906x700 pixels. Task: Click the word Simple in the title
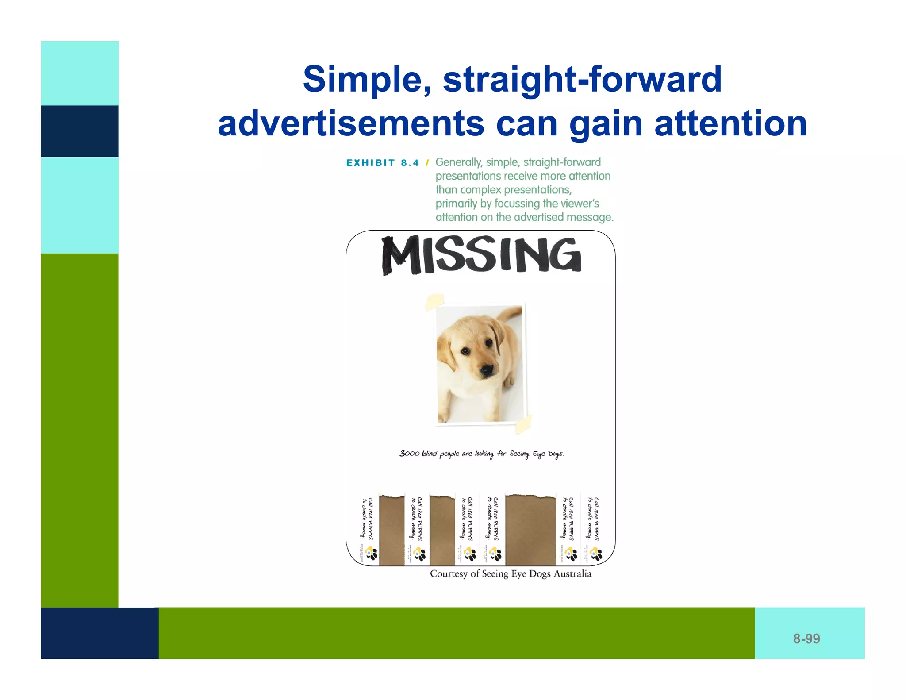366,80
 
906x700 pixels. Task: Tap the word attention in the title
730,124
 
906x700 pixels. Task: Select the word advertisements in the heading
351,124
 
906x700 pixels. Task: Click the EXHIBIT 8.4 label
382,163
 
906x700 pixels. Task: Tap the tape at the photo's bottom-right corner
523,424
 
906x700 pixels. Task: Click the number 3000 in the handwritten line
409,453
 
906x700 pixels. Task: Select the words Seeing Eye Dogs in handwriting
536,454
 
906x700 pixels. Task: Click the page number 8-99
806,638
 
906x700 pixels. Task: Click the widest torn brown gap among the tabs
530,529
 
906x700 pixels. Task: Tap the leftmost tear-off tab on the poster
367,529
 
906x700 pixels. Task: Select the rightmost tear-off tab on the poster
594,529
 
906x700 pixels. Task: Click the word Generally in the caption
458,162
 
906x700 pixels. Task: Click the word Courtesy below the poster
448,574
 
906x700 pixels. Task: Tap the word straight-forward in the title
582,80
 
